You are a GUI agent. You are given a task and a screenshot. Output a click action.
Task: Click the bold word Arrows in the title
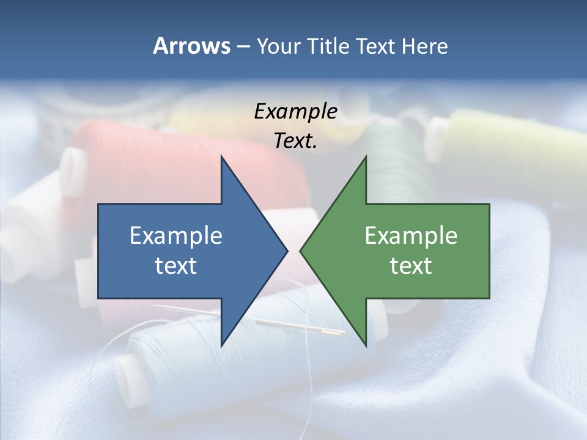(x=191, y=46)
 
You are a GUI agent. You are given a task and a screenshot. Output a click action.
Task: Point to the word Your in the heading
(x=278, y=46)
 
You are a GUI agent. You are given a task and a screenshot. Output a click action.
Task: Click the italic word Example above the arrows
(x=295, y=111)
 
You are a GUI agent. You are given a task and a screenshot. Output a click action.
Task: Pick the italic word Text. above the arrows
(x=295, y=141)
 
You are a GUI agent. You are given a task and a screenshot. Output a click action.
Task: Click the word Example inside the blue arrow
(x=176, y=236)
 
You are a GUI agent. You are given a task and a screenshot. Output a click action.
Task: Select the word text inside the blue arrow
(x=176, y=266)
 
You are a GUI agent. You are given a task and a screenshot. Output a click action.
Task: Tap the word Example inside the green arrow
(x=411, y=236)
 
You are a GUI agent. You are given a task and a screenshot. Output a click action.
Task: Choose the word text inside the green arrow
(x=411, y=266)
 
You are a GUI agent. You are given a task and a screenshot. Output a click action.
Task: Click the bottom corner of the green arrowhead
(x=366, y=345)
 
